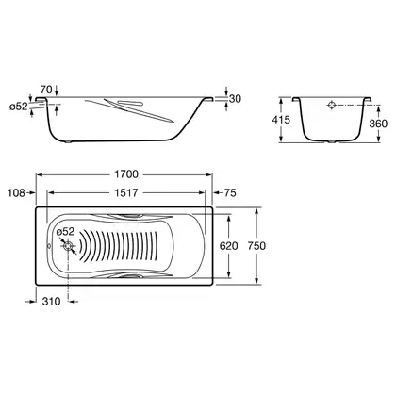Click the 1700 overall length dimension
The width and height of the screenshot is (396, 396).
click(x=126, y=174)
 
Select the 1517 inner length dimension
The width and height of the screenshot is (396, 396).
click(x=125, y=192)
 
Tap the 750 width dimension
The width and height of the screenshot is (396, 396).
click(x=256, y=246)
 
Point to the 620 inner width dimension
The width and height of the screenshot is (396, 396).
click(x=228, y=246)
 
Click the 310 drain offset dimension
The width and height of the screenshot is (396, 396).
click(x=51, y=302)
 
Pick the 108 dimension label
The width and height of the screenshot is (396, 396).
click(x=16, y=192)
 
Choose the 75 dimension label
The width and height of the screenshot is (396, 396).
click(x=230, y=192)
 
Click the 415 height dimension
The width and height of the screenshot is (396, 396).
click(x=281, y=120)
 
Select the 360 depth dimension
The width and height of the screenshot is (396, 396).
click(x=378, y=124)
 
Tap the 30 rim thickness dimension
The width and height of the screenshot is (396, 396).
click(x=235, y=99)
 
